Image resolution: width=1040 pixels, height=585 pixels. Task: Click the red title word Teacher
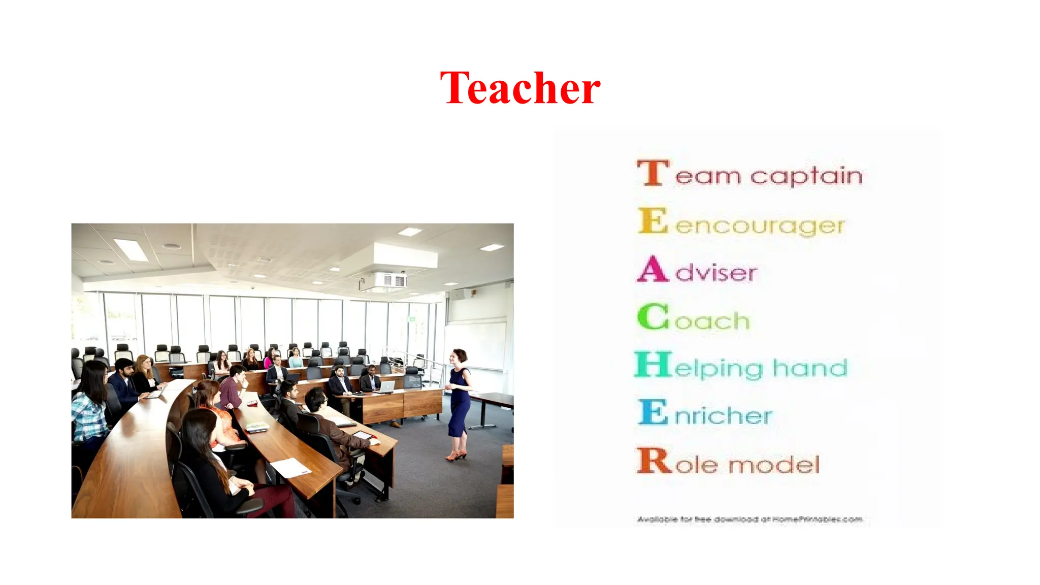pyautogui.click(x=520, y=88)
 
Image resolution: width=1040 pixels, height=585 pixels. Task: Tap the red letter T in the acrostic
pyautogui.click(x=652, y=173)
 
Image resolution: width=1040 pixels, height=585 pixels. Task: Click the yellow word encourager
pyautogui.click(x=760, y=225)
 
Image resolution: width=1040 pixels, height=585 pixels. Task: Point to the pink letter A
pyautogui.click(x=653, y=270)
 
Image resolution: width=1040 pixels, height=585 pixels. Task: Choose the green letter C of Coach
pyautogui.click(x=653, y=317)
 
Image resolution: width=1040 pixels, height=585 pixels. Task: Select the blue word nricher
pyautogui.click(x=723, y=416)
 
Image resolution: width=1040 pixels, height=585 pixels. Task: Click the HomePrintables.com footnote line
pyautogui.click(x=750, y=519)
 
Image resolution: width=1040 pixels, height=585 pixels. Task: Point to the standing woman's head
pyautogui.click(x=460, y=356)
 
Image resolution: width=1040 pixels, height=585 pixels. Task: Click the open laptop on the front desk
pyautogui.click(x=387, y=386)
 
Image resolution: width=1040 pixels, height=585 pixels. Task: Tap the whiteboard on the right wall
pyautogui.click(x=475, y=345)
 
